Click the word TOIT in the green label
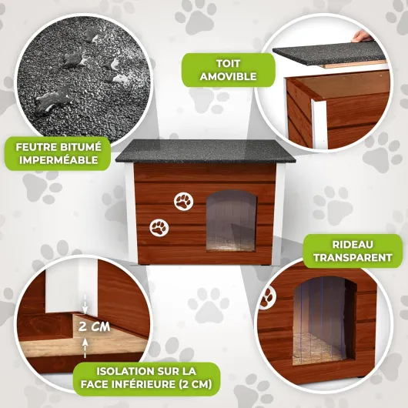[228, 64]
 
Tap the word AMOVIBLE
[228, 77]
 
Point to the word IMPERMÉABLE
[59, 160]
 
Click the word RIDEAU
[353, 245]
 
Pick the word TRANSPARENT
[353, 258]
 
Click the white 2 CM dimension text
[94, 326]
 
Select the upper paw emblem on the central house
[184, 202]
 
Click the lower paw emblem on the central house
[159, 228]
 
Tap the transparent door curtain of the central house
[231, 221]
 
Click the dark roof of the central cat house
[206, 151]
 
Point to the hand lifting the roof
[362, 35]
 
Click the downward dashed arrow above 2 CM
[85, 304]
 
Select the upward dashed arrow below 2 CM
[85, 348]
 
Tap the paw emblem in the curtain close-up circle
[267, 298]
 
